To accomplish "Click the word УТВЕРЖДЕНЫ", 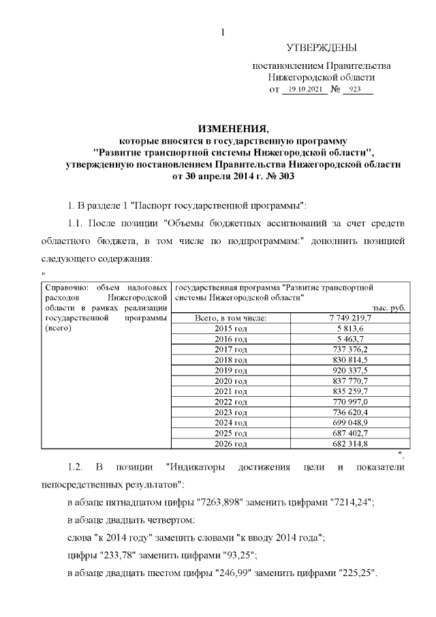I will (x=320, y=48).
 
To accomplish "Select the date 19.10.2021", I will (x=305, y=90).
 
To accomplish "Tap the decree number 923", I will (x=355, y=90).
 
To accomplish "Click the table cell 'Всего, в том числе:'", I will (x=231, y=318).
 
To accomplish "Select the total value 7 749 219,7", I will (x=349, y=318).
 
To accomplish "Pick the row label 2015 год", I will (x=231, y=328).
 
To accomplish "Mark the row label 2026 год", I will (x=231, y=444).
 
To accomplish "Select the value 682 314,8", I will (x=349, y=444).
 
